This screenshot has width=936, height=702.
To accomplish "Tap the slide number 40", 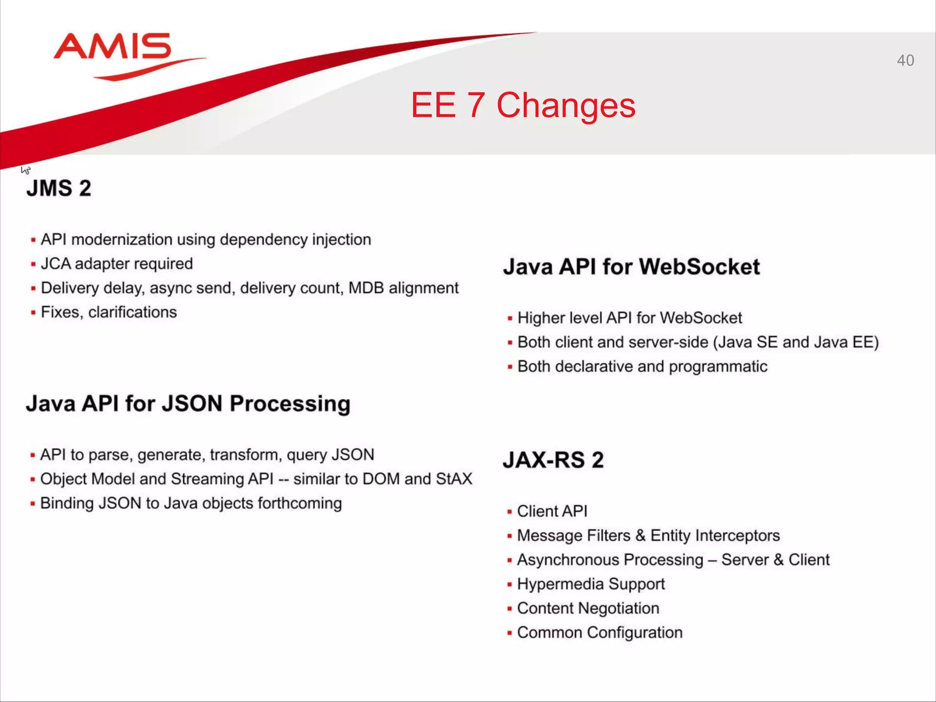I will pos(905,60).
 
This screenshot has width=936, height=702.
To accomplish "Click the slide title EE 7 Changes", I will pos(523,105).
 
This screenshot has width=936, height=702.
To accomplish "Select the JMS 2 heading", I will pos(59,188).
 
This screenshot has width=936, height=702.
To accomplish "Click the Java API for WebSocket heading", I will pos(631,266).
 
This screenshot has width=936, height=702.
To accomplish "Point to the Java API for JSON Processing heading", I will pos(188,404).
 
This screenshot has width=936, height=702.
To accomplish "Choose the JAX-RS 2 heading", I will pos(553,460).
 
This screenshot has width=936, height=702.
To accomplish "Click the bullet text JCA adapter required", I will pos(117,264).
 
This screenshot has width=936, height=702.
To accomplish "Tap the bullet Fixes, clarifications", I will pos(109,312).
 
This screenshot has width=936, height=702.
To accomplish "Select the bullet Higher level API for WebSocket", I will pos(629,318).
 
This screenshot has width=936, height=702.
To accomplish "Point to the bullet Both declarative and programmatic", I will pos(642,367).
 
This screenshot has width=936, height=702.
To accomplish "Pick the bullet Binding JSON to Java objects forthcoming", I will pos(191,503).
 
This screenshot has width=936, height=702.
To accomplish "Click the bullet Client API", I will pos(552,511).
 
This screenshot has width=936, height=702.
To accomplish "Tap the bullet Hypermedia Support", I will pos(590,584).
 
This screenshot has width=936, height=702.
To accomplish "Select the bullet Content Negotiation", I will pos(588,608).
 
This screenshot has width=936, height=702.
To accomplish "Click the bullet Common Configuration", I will pos(600,633).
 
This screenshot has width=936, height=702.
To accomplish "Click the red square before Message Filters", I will pos(510,536).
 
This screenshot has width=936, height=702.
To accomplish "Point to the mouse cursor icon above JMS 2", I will pos(26,170).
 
